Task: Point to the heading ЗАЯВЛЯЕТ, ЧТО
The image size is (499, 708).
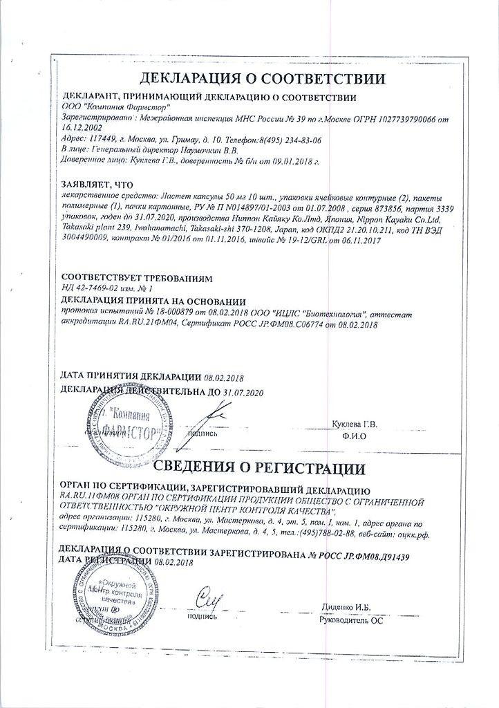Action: (97, 185)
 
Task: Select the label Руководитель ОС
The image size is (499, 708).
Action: (350, 619)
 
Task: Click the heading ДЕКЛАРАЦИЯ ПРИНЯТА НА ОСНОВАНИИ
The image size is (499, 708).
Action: (153, 301)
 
